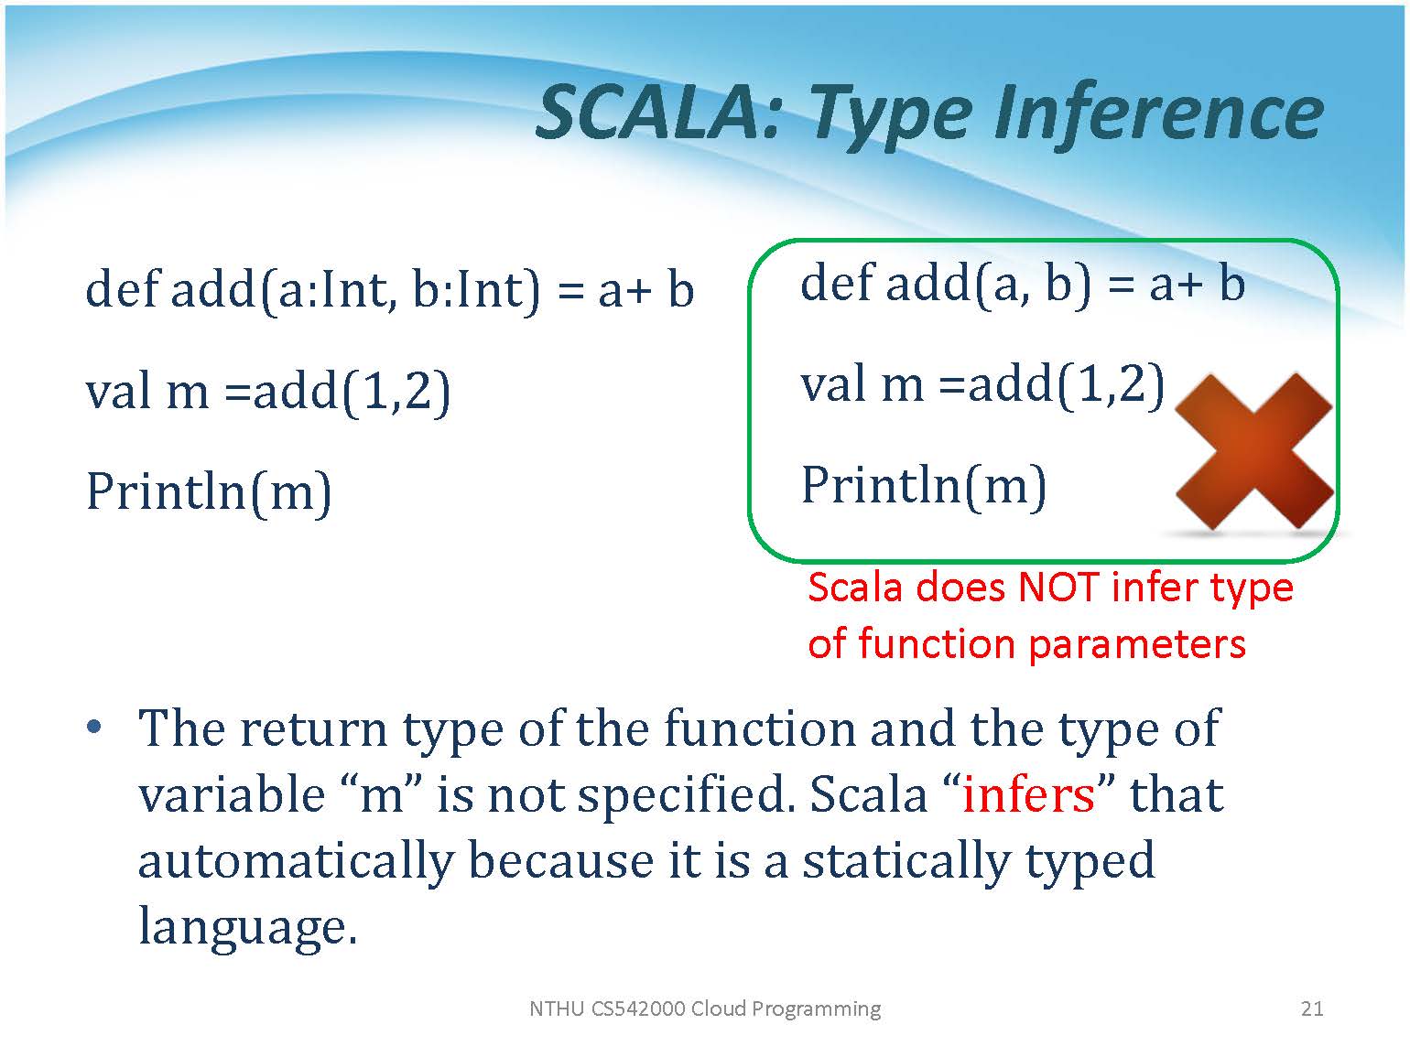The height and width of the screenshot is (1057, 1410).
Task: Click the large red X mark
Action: (1253, 452)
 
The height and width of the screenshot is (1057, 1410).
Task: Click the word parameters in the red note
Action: (1138, 643)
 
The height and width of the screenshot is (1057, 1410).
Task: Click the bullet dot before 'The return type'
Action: (93, 728)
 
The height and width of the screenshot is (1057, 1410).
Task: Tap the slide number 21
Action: (1312, 1008)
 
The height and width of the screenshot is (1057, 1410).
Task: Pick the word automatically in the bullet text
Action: (297, 862)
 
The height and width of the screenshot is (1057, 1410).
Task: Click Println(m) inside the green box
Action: (924, 487)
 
